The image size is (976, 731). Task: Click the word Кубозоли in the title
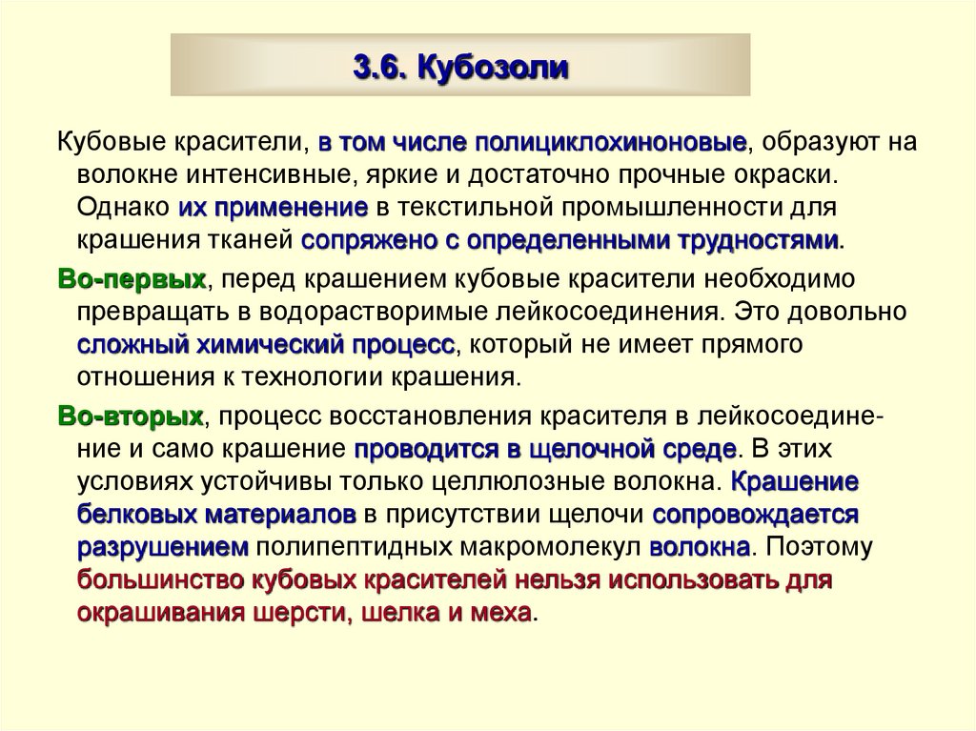pos(493,69)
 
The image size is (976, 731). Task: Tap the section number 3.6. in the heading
pos(382,69)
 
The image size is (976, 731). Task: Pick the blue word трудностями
pos(759,240)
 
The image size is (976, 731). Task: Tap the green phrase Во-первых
pos(132,278)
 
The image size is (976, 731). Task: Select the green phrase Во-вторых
pos(132,416)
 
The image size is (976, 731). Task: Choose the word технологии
pos(299,376)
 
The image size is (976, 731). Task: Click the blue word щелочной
pos(591,448)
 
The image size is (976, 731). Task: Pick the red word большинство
pos(162,580)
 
